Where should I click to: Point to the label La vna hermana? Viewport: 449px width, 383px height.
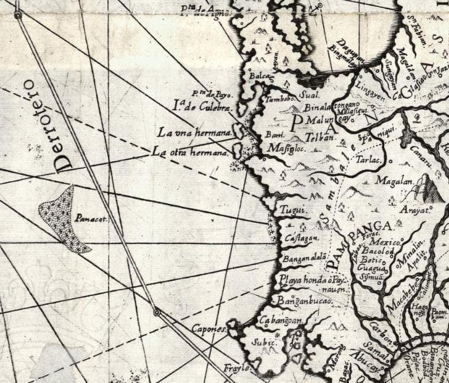click(x=194, y=133)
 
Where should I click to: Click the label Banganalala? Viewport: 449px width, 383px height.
click(x=303, y=259)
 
